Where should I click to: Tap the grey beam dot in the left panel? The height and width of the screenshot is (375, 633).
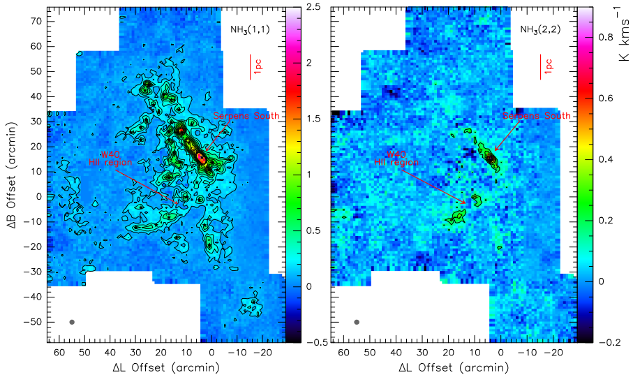pyautogui.click(x=72, y=322)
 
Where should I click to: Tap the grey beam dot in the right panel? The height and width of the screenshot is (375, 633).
pyautogui.click(x=357, y=322)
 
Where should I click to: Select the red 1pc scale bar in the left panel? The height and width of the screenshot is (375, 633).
pyautogui.click(x=251, y=67)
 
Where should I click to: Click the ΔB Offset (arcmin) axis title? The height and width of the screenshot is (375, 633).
pyautogui.click(x=12, y=175)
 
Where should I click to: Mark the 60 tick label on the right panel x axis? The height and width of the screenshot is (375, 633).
pyautogui.click(x=343, y=354)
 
